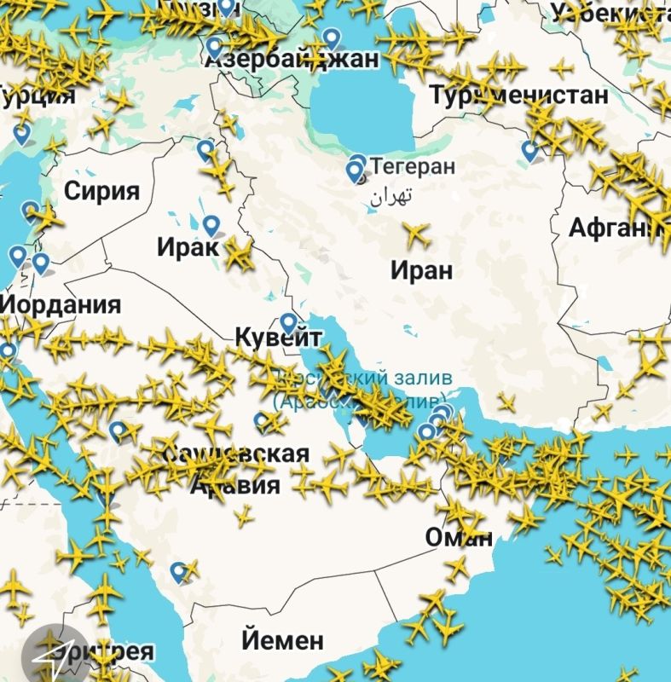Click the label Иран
421,271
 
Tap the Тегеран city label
414,167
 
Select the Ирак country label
188,247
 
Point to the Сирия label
101,190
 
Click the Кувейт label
278,338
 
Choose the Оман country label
459,538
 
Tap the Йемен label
282,639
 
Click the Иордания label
61,304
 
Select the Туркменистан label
519,95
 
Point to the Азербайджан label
291,59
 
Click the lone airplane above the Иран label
417,232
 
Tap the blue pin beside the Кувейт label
289,323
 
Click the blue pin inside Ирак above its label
211,225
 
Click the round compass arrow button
54,656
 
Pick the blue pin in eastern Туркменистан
529,151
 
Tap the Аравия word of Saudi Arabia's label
234,485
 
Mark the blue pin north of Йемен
178,571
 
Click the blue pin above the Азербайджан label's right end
332,38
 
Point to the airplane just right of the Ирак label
238,252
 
